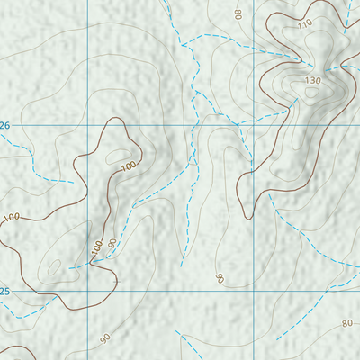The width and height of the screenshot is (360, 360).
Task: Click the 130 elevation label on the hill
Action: pos(312,81)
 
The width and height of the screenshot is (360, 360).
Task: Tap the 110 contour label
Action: pos(303,22)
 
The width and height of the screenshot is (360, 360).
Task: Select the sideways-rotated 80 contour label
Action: pos(238,13)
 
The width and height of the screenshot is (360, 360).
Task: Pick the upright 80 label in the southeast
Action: pos(346,323)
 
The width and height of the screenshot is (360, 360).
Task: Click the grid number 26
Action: pos(4,125)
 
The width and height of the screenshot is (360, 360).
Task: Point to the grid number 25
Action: pos(4,292)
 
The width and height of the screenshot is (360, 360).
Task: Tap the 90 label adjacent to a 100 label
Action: pos(112,243)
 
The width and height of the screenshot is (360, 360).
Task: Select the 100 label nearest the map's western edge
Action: pos(11,218)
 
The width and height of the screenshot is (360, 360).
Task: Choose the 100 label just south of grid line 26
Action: pos(128,166)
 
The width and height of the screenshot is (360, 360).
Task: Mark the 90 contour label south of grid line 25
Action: pos(105,338)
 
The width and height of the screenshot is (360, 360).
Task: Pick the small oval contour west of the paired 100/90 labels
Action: pos(54,266)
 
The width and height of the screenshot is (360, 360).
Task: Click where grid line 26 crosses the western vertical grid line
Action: pos(88,125)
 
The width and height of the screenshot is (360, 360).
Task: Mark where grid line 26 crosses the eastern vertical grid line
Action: pos(255,125)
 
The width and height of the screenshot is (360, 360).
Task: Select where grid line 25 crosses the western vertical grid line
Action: pos(88,292)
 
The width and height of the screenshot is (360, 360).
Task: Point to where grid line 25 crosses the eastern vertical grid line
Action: pos(255,292)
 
